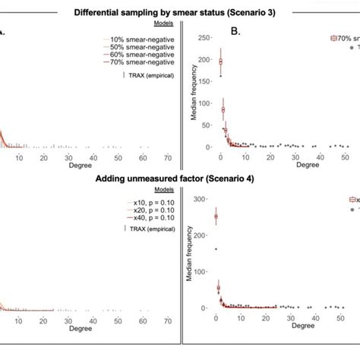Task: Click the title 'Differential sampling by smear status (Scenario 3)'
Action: [180, 12]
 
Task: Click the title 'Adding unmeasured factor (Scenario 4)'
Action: [180, 179]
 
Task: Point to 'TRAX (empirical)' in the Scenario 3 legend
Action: [153, 75]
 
